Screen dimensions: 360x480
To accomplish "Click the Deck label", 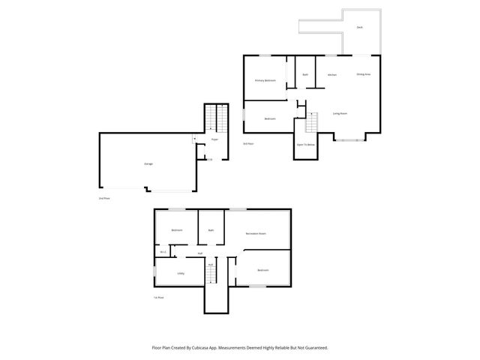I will [360, 26].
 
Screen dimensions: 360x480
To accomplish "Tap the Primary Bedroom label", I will [265, 80].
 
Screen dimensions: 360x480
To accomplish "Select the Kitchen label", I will [331, 75].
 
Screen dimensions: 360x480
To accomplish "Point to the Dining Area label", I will [364, 75].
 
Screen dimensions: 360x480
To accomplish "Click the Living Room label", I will [340, 114].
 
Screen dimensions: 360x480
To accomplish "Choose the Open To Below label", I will [305, 144].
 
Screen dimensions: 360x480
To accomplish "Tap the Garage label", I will [148, 163].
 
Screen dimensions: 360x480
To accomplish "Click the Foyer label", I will [214, 139].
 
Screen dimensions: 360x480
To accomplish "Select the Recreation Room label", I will [257, 235].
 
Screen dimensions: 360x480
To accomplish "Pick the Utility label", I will [181, 273].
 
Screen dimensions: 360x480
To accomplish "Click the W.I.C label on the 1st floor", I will [163, 252].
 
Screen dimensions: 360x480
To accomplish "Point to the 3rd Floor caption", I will [248, 143].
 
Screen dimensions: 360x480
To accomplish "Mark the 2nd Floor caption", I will [104, 198].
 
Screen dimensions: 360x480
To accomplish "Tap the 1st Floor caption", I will [158, 298].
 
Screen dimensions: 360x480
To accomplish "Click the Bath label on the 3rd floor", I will [305, 75].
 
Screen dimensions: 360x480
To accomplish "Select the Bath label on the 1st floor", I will [211, 229].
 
